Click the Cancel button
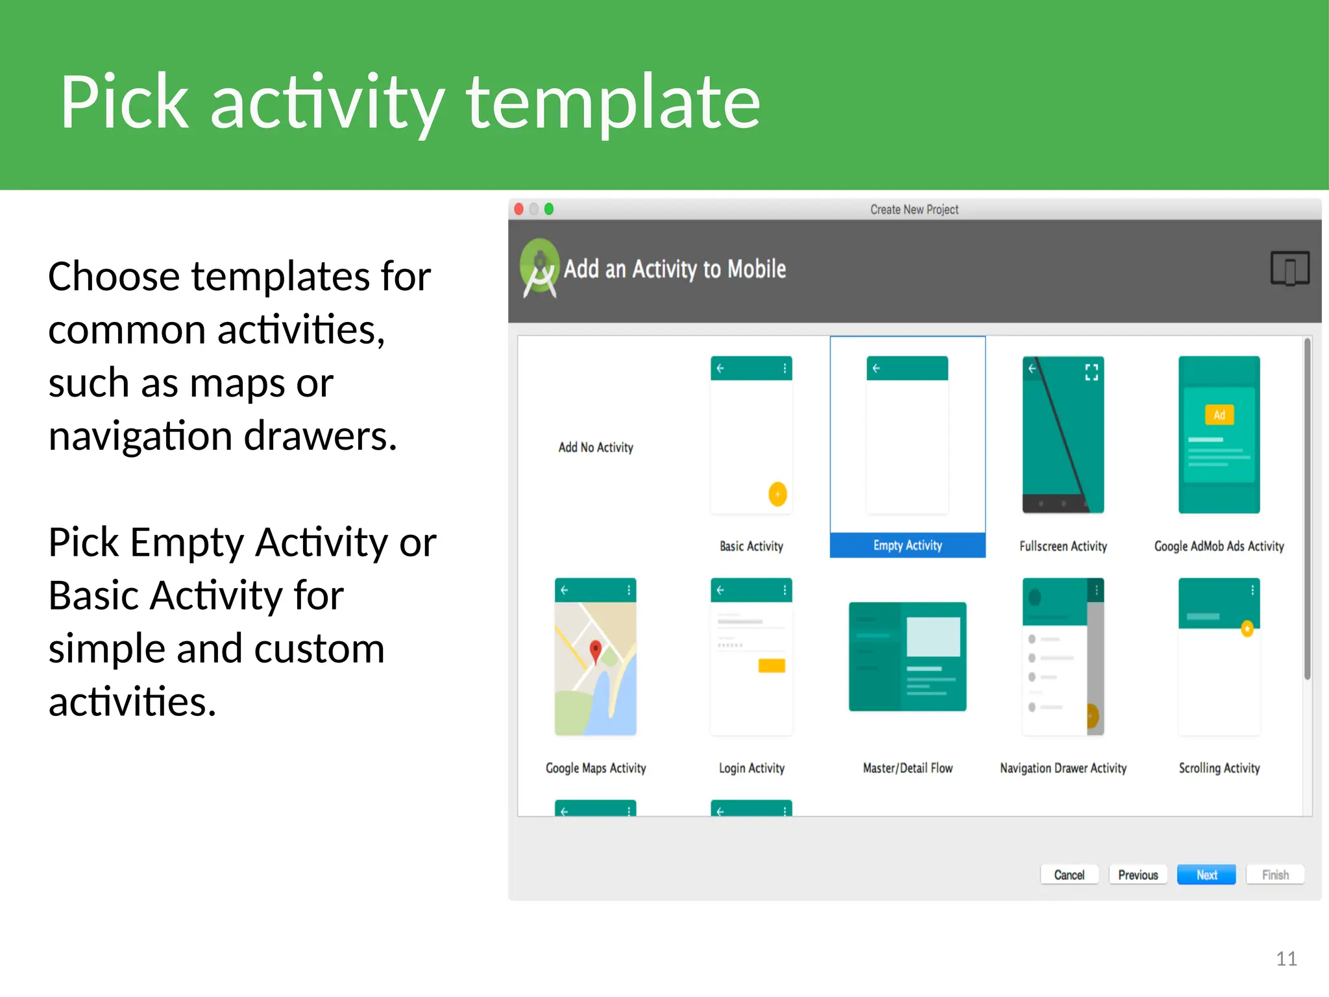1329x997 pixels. [1069, 874]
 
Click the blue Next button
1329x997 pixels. [1206, 874]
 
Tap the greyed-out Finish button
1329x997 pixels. [1274, 874]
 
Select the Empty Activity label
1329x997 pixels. [907, 545]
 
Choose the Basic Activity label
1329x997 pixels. [751, 546]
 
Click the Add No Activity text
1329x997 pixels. [596, 447]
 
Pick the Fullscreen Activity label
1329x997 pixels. [1063, 546]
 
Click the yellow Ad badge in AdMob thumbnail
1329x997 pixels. [1219, 415]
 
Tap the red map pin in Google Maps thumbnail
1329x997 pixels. [595, 650]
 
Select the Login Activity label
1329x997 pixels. [751, 768]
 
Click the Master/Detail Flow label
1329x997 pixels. [907, 768]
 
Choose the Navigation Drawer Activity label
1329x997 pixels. [1063, 768]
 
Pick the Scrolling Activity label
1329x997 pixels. [1219, 768]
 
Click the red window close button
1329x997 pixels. [519, 209]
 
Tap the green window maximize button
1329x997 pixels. [549, 209]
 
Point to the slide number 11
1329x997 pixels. [1286, 959]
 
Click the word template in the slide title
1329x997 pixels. [613, 102]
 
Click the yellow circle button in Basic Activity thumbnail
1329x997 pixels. [777, 494]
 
